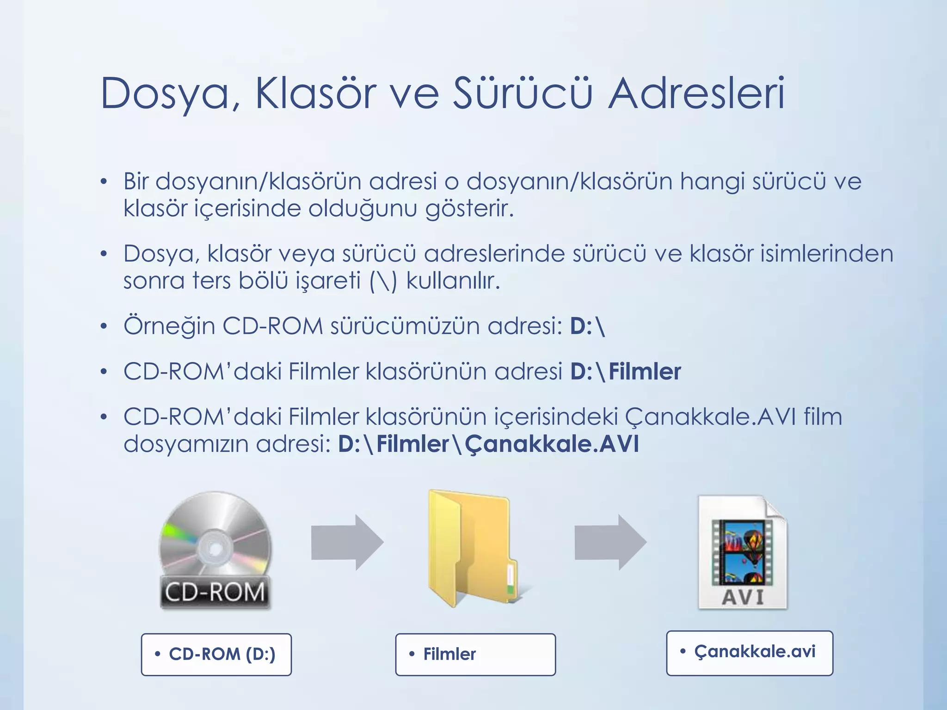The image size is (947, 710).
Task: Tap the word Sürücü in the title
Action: pyautogui.click(x=522, y=94)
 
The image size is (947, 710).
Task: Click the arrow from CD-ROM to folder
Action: pyautogui.click(x=347, y=542)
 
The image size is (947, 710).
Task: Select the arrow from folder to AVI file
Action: pyautogui.click(x=610, y=542)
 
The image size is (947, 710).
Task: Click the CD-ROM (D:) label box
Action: pyautogui.click(x=216, y=655)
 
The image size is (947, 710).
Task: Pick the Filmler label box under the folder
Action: pyautogui.click(x=475, y=655)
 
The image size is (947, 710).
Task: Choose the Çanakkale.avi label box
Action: pyautogui.click(x=749, y=653)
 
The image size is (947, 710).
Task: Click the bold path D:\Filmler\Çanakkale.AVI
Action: pyautogui.click(x=488, y=444)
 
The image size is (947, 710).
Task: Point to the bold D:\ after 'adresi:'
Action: pyautogui.click(x=588, y=326)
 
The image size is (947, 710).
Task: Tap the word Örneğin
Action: pyautogui.click(x=169, y=326)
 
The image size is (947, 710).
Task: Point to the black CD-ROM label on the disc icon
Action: pyautogui.click(x=215, y=593)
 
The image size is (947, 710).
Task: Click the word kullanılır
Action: pyautogui.click(x=453, y=281)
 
